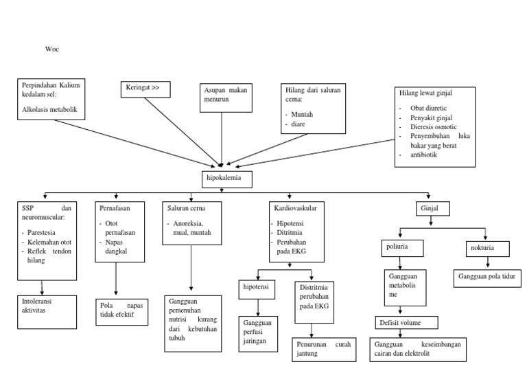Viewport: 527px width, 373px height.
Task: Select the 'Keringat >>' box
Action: pyautogui.click(x=145, y=89)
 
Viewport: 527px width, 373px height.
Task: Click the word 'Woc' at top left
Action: pyautogui.click(x=52, y=49)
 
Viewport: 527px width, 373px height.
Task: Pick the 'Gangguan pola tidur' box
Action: pyautogui.click(x=487, y=278)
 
